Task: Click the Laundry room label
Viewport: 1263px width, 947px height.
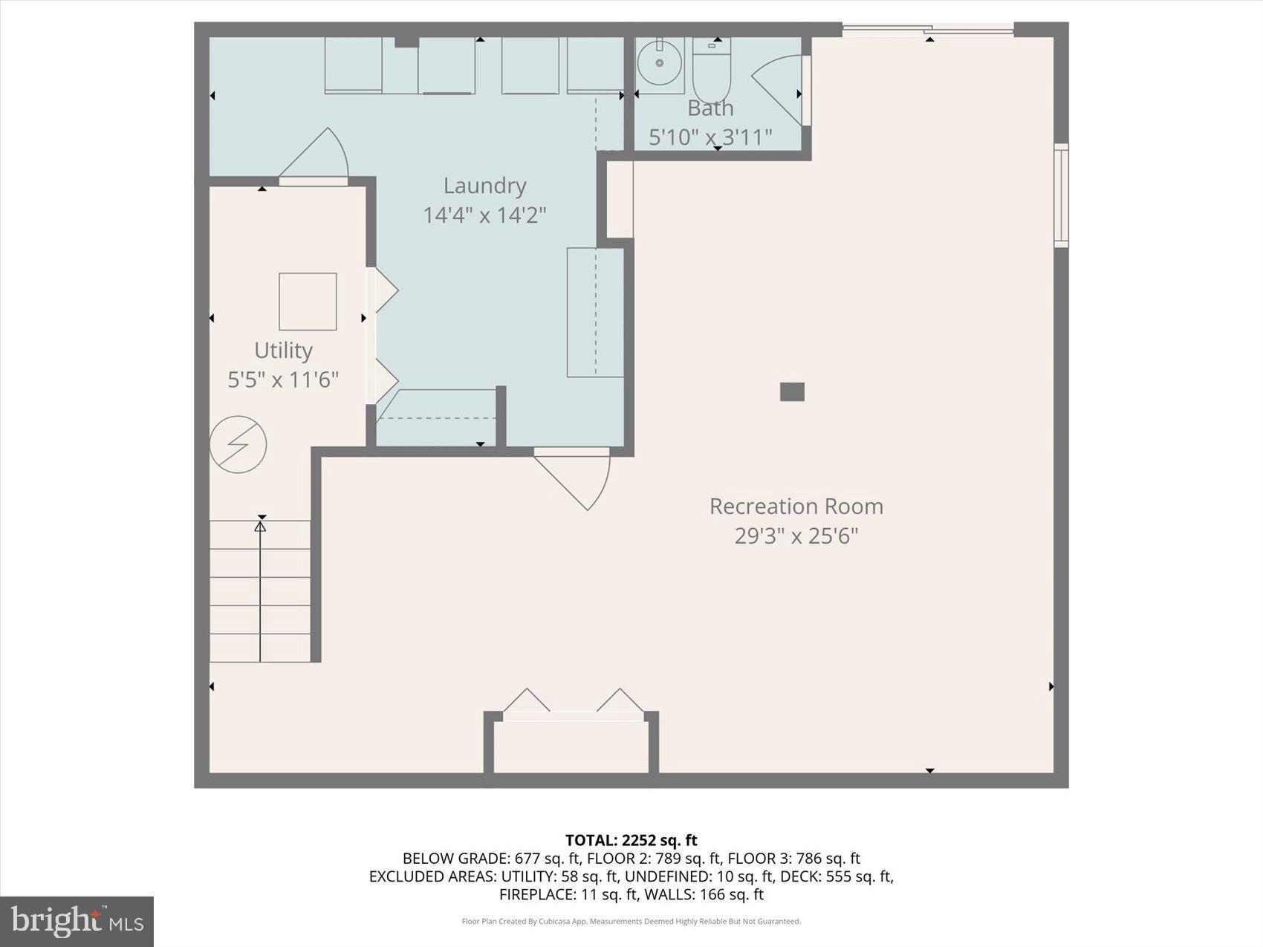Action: (x=484, y=186)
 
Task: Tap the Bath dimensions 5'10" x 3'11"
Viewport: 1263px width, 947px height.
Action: (x=710, y=137)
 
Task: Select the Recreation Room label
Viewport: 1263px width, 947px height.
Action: (x=796, y=507)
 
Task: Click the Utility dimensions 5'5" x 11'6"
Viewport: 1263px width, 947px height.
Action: (x=283, y=380)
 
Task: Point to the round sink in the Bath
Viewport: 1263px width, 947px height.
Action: (x=659, y=64)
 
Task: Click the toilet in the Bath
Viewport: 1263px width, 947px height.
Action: (x=712, y=71)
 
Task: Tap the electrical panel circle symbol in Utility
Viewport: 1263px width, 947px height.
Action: (x=238, y=444)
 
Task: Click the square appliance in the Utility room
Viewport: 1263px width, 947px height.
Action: (x=308, y=302)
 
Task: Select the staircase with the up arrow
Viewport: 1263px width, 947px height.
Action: (x=259, y=590)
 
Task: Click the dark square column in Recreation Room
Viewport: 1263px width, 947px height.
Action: (x=792, y=391)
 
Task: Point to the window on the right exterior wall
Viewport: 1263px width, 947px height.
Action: (x=1062, y=195)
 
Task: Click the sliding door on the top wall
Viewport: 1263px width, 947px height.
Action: (x=928, y=30)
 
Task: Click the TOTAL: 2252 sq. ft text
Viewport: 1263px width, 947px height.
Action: (x=631, y=840)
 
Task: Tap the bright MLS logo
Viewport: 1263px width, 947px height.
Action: (x=77, y=921)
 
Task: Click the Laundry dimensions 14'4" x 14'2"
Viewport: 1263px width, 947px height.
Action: (x=484, y=215)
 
